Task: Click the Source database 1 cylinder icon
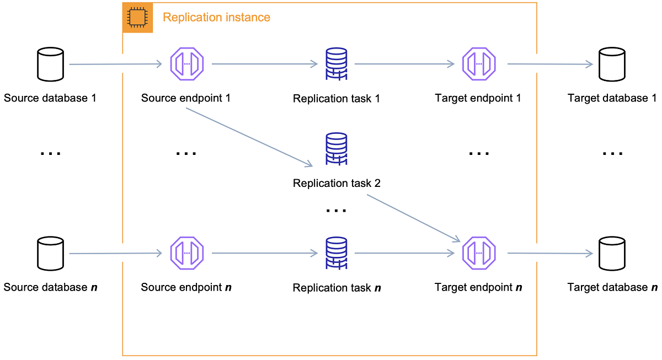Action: (50, 64)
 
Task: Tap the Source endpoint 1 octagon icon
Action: (187, 64)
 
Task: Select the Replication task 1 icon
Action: (336, 65)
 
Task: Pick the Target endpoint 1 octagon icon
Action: (479, 64)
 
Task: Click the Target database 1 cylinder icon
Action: (612, 64)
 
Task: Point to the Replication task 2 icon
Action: (336, 149)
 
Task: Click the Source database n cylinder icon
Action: (50, 254)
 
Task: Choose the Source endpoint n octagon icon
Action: (187, 254)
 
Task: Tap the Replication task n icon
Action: (336, 254)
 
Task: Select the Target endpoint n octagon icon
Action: (479, 254)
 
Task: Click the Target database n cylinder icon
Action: (612, 254)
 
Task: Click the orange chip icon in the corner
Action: (137, 18)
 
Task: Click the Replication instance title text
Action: (216, 18)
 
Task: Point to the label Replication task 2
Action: (337, 183)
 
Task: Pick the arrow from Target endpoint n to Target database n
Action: (549, 254)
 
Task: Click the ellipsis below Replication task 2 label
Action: (336, 210)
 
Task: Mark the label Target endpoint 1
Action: (478, 99)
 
